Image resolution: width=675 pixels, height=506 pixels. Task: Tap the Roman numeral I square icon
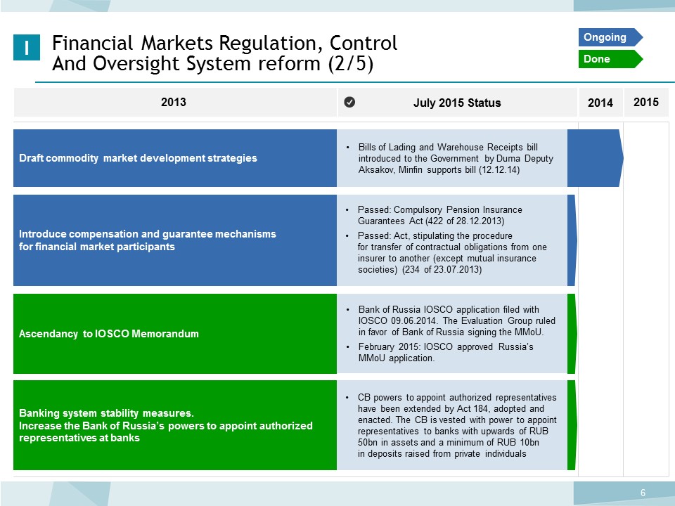(x=27, y=47)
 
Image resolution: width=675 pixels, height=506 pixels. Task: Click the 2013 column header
(x=174, y=102)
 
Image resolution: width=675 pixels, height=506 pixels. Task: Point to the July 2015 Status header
(x=457, y=103)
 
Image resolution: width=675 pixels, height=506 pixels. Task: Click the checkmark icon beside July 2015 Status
(x=349, y=102)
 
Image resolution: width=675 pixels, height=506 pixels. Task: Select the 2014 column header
(x=600, y=103)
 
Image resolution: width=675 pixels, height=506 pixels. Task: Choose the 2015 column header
(x=646, y=102)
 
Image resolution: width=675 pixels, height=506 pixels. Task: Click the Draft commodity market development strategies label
(x=138, y=158)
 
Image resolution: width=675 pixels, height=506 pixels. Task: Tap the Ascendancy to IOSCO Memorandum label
(x=109, y=333)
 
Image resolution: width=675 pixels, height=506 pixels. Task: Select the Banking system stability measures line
(x=106, y=413)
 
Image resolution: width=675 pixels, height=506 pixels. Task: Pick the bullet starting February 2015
(x=446, y=352)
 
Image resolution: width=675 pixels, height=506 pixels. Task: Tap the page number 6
(x=643, y=493)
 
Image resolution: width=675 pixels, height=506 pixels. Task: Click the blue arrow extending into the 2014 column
(x=596, y=158)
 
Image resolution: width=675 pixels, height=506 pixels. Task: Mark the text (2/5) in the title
(x=350, y=64)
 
